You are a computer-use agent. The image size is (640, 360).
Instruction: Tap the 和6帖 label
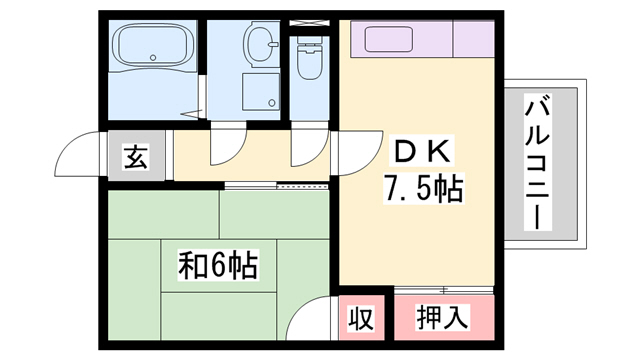tap(218, 266)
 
